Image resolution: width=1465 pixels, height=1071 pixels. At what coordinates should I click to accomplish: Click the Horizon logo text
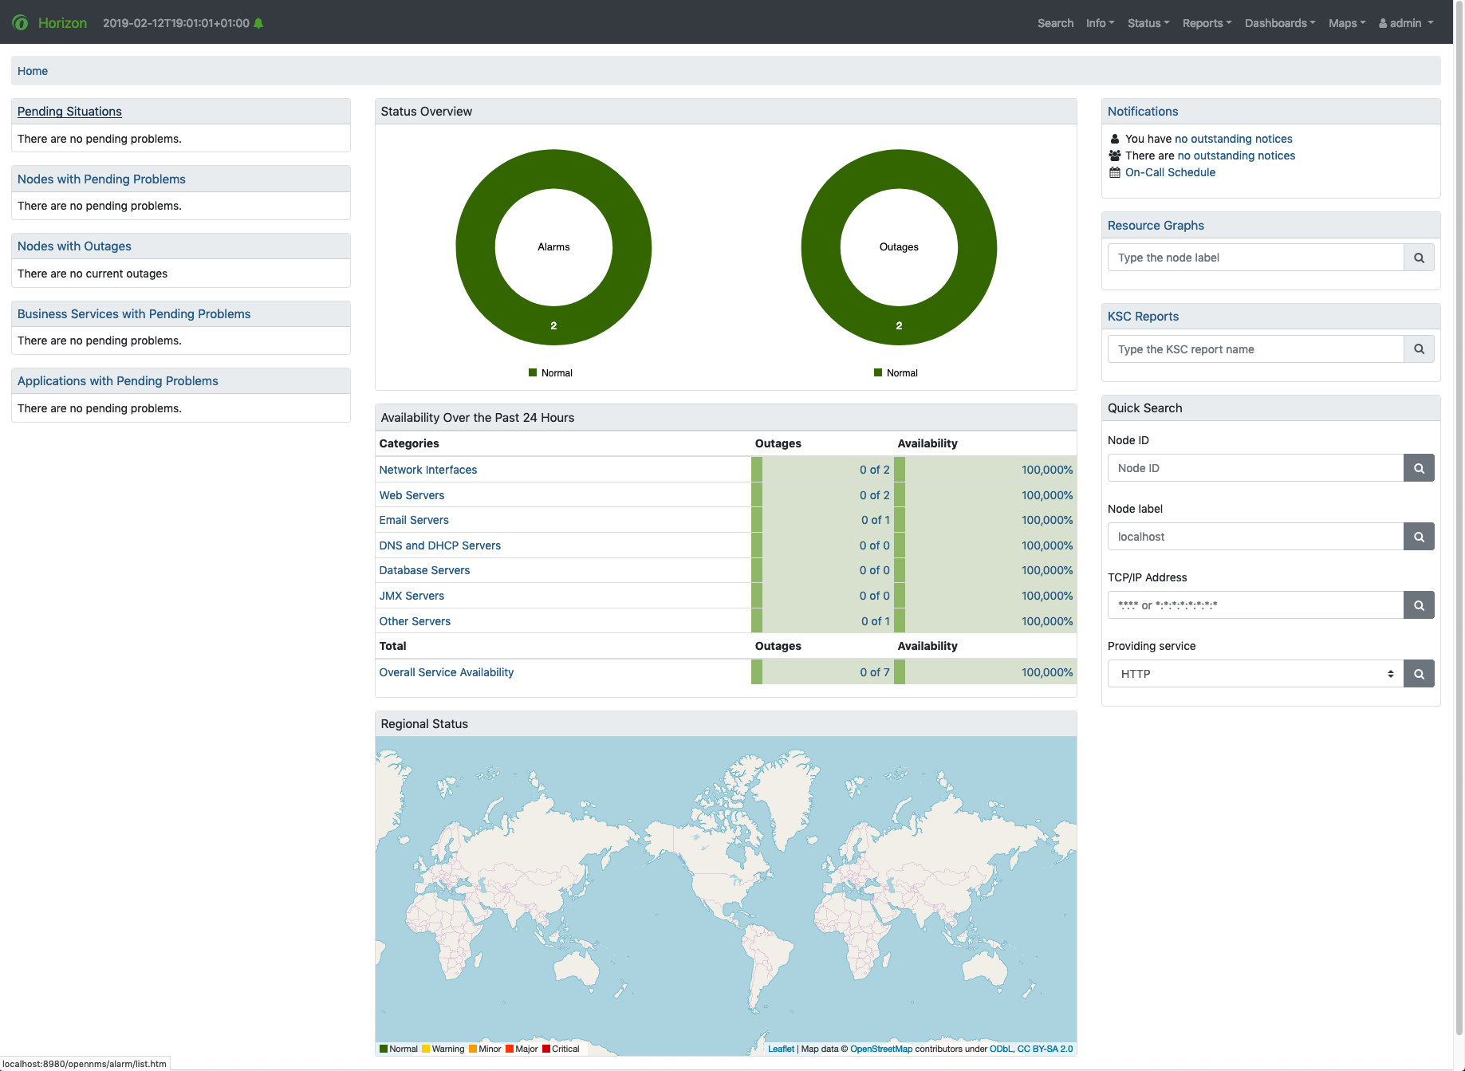(x=62, y=23)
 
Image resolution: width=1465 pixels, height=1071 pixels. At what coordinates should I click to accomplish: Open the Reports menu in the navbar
(x=1207, y=23)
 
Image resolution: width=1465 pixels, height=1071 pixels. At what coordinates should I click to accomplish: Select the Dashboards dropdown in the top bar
(x=1279, y=23)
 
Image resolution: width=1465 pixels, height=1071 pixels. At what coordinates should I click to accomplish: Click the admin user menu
(x=1406, y=23)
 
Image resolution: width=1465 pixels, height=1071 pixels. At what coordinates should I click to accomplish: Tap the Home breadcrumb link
(x=33, y=71)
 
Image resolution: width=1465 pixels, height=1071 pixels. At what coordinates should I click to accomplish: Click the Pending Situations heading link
(x=69, y=112)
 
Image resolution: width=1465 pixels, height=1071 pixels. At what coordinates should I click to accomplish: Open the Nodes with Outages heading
(x=74, y=246)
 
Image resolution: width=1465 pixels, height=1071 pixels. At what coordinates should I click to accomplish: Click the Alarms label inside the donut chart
(x=553, y=247)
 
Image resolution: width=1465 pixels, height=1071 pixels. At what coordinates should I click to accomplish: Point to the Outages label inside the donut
(x=899, y=247)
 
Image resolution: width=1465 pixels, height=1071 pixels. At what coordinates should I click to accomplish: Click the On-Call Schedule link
(x=1170, y=172)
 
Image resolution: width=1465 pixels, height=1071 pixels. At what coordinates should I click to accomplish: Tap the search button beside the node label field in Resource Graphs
(x=1419, y=258)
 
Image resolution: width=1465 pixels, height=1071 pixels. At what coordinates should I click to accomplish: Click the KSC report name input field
(x=1255, y=349)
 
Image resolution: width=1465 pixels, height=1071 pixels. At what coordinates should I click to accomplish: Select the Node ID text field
(x=1255, y=468)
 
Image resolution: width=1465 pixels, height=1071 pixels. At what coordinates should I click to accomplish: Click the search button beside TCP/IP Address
(x=1419, y=605)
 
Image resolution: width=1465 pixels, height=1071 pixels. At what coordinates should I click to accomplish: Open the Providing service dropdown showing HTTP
(x=1255, y=674)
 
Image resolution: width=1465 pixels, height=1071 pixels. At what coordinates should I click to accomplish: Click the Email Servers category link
(x=414, y=520)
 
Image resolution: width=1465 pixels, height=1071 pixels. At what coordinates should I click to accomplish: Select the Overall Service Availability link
(x=447, y=672)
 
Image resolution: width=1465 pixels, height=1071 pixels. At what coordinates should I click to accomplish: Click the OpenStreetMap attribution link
(x=881, y=1049)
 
